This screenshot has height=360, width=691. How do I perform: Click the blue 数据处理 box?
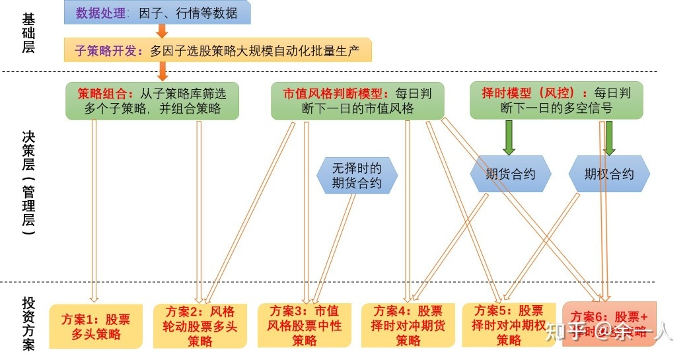[x=157, y=13]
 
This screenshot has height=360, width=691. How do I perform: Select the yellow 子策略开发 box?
[x=218, y=50]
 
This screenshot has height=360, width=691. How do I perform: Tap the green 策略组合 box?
[x=151, y=100]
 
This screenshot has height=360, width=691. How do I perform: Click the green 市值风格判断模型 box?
[x=357, y=100]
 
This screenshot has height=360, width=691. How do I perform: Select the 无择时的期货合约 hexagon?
[x=357, y=175]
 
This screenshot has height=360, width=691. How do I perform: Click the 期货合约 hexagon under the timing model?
[x=510, y=174]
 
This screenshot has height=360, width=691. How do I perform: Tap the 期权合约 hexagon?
[x=609, y=174]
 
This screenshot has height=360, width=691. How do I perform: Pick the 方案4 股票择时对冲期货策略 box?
[x=408, y=325]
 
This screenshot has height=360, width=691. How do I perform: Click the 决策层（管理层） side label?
[x=28, y=178]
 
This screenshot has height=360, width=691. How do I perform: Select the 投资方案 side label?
[x=28, y=322]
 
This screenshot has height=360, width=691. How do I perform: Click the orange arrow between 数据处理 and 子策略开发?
[x=162, y=31]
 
